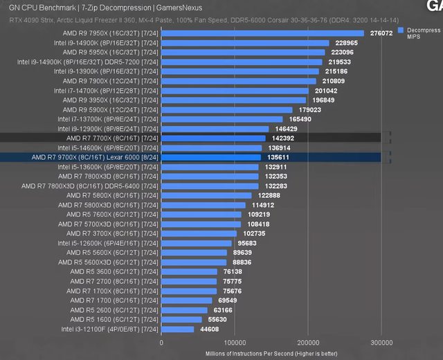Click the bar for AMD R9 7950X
(x=262, y=33)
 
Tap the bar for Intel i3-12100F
(x=177, y=330)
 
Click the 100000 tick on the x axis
(x=235, y=342)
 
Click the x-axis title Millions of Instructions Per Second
(x=271, y=353)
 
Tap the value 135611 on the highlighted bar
(x=278, y=157)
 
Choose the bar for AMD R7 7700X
(x=213, y=138)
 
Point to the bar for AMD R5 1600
(x=181, y=320)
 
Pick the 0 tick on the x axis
(x=161, y=342)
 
